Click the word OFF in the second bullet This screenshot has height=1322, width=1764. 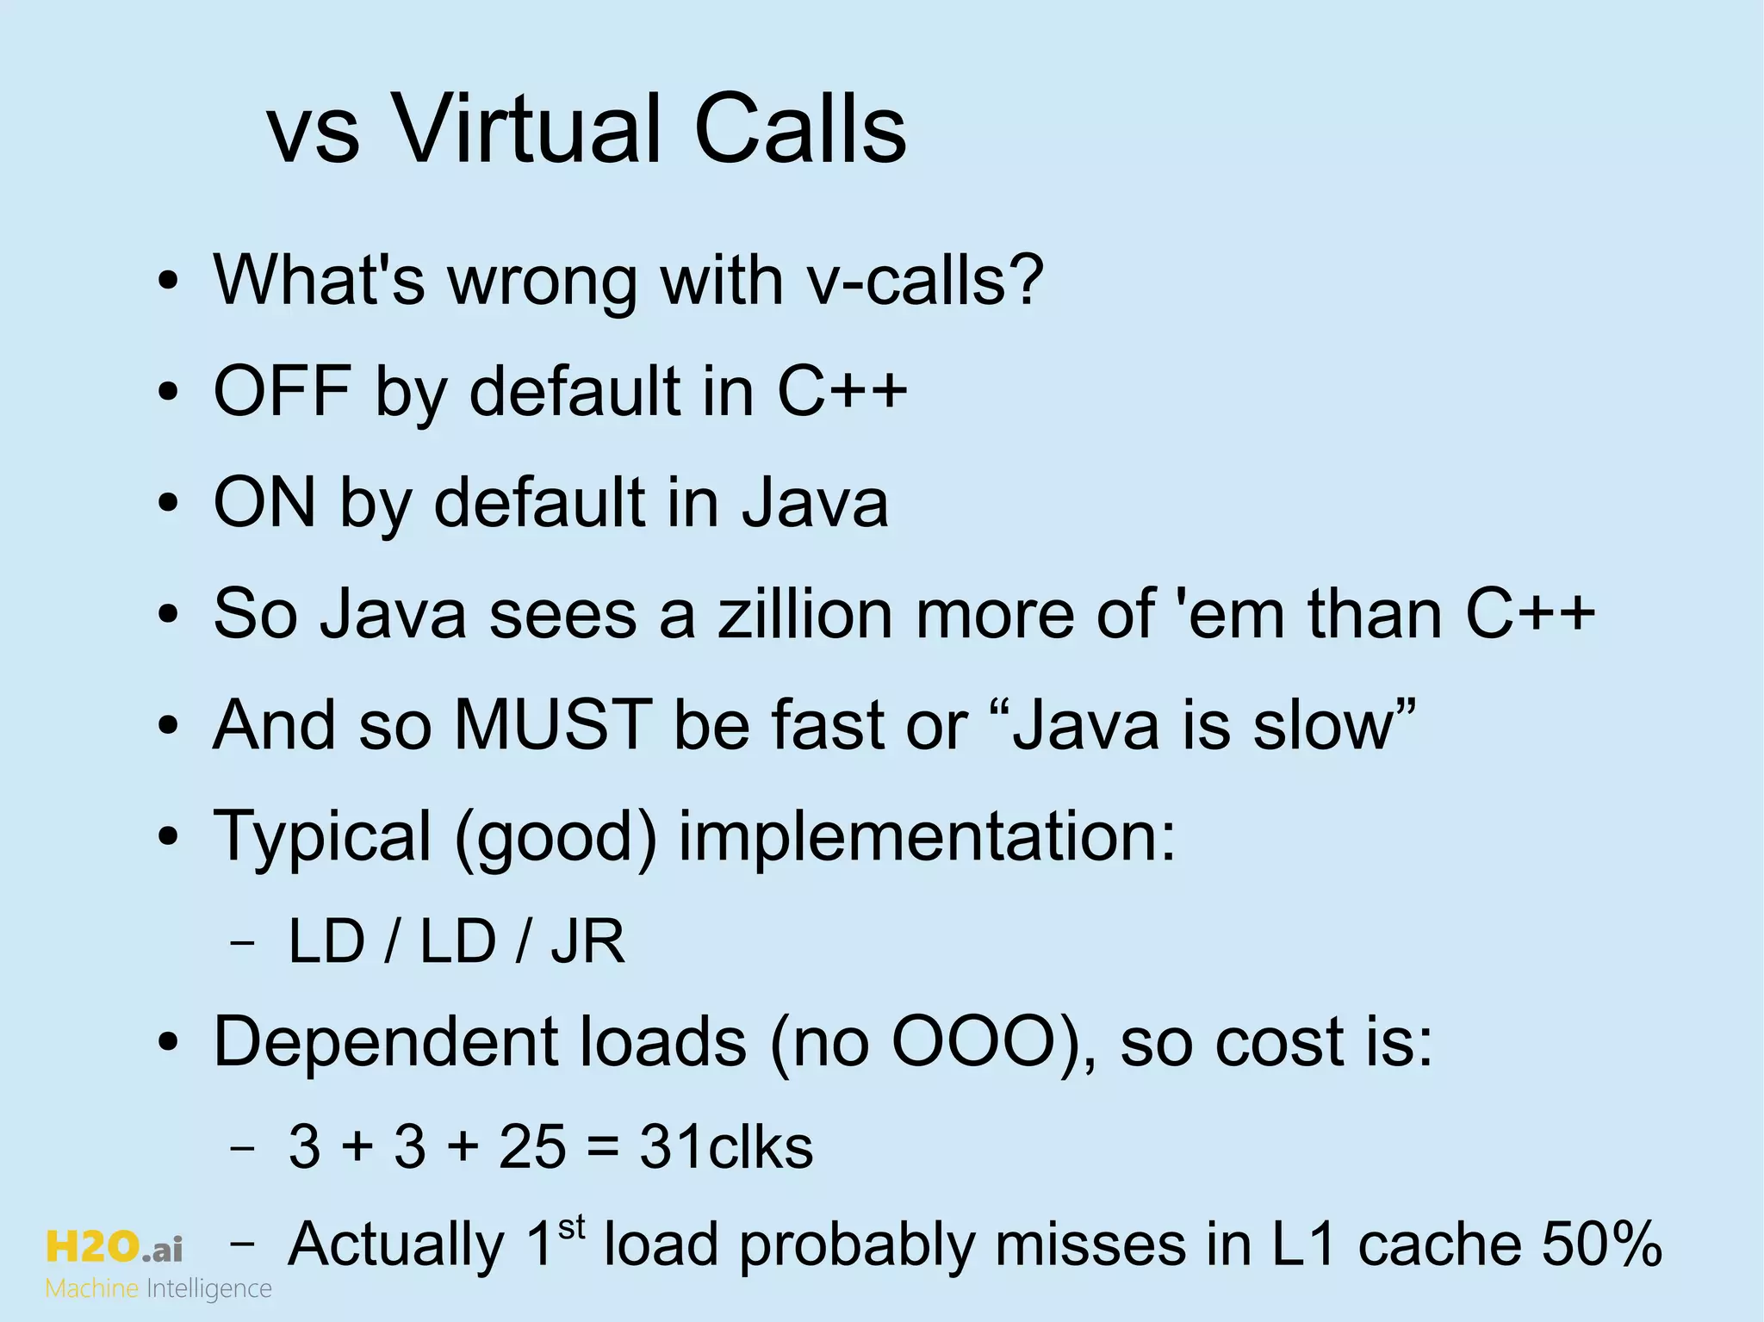pyautogui.click(x=283, y=391)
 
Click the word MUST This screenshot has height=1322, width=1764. pyautogui.click(x=552, y=724)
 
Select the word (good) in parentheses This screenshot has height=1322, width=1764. pyautogui.click(x=556, y=836)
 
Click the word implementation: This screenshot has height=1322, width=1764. pyautogui.click(x=927, y=836)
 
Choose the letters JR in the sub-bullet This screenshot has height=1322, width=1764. pyautogui.click(x=587, y=941)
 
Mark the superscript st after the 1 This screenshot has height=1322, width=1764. pyautogui.click(x=571, y=1227)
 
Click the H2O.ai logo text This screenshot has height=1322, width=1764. pyautogui.click(x=114, y=1247)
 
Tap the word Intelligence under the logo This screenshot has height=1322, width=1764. pyautogui.click(x=209, y=1289)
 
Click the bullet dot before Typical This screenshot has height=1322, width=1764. pyautogui.click(x=169, y=836)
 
